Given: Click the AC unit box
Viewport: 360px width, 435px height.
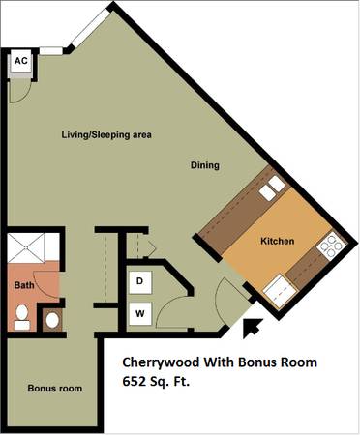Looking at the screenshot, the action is click(21, 61).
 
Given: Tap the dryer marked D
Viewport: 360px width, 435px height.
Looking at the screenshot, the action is click(140, 282).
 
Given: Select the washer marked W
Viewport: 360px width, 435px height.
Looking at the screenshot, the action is click(140, 313).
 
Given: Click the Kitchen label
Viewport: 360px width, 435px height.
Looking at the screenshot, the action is click(278, 241).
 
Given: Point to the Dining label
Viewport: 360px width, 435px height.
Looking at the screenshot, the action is click(205, 165).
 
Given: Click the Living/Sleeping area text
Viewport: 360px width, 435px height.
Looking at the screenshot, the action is click(106, 134).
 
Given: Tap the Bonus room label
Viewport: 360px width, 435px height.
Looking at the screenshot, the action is click(55, 389).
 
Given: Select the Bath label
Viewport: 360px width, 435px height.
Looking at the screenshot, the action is click(24, 285).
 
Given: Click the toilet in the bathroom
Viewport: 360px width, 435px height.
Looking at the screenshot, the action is click(22, 317).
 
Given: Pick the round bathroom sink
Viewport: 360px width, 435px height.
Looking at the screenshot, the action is click(52, 320).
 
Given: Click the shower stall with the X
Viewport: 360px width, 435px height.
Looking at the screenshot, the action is click(26, 247).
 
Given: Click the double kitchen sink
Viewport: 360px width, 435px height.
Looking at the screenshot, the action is click(272, 188).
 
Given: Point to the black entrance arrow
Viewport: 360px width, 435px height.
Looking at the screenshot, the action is click(253, 328).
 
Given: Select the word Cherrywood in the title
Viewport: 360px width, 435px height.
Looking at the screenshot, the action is click(161, 362).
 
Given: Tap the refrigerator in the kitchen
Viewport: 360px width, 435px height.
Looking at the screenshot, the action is click(280, 292).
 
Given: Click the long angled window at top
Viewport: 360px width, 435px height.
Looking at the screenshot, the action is click(91, 27).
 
